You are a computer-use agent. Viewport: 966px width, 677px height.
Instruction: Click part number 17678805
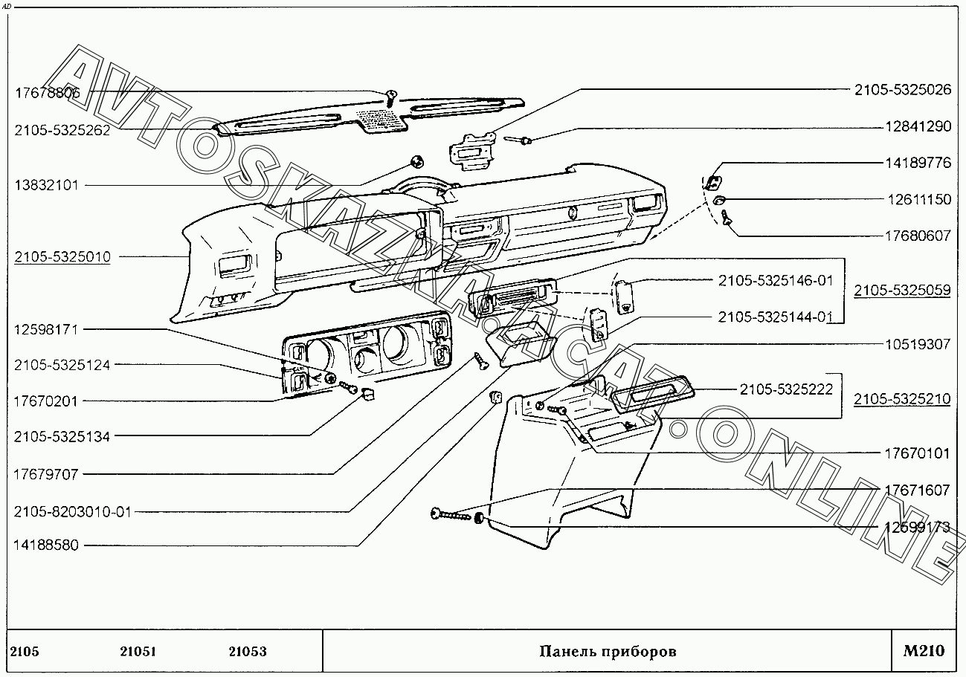coord(48,94)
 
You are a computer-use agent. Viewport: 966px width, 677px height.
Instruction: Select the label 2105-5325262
coord(62,130)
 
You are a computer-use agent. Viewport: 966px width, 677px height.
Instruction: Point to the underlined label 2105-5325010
coord(62,257)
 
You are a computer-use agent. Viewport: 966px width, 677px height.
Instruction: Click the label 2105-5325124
coord(62,365)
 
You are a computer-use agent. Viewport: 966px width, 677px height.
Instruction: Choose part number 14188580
coord(46,545)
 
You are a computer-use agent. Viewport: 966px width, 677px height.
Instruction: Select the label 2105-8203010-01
coord(72,511)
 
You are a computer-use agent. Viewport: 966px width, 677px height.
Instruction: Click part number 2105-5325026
coord(902,90)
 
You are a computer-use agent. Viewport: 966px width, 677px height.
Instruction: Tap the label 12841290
coord(918,126)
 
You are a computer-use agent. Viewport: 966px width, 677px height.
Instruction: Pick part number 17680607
coord(918,236)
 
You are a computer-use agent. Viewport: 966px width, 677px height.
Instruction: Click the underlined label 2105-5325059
coord(901,291)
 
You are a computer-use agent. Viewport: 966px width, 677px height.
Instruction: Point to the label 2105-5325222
coord(786,389)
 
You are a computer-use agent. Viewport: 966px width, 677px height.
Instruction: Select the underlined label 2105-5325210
coord(901,399)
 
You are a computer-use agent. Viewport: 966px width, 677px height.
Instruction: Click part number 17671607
coord(917,490)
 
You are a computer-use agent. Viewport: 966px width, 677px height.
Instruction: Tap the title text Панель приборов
coord(608,652)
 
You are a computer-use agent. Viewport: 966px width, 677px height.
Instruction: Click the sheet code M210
coord(924,651)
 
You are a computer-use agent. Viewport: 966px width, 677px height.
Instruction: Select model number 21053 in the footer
coord(248,652)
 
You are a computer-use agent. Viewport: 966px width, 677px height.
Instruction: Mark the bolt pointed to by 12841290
coord(520,139)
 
